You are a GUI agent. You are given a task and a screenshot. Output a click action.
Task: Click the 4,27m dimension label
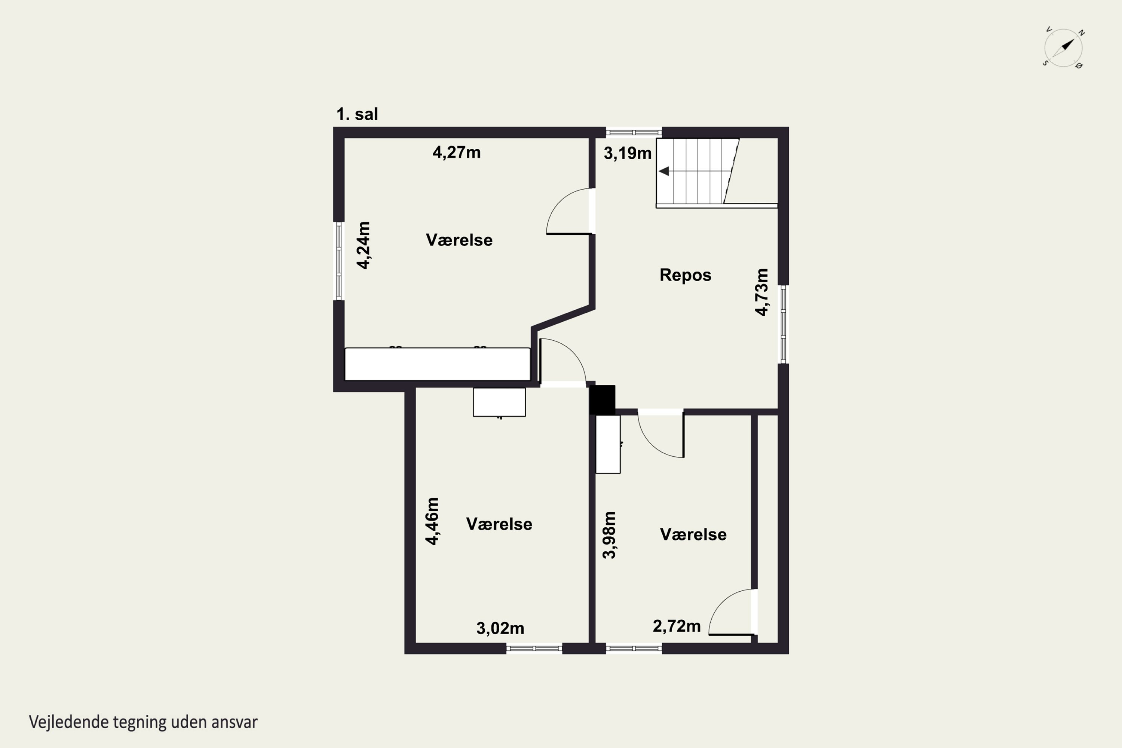pyautogui.click(x=457, y=153)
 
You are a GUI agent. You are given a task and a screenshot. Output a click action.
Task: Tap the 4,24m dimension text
pyautogui.click(x=364, y=246)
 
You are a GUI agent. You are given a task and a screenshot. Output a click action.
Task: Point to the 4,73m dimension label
pyautogui.click(x=762, y=292)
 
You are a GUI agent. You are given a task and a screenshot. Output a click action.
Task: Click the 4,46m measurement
pyautogui.click(x=432, y=521)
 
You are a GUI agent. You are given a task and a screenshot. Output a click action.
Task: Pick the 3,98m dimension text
pyautogui.click(x=609, y=535)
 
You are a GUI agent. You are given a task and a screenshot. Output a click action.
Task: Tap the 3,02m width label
pyautogui.click(x=500, y=629)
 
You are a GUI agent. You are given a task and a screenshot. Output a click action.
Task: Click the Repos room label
pyautogui.click(x=686, y=275)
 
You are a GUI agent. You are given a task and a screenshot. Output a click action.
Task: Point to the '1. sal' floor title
pyautogui.click(x=357, y=114)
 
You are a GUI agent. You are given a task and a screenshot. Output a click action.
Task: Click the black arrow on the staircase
pyautogui.click(x=663, y=171)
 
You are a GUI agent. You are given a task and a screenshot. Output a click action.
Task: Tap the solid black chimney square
pyautogui.click(x=602, y=400)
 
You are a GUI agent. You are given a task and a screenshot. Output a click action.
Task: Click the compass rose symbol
pyautogui.click(x=1063, y=48)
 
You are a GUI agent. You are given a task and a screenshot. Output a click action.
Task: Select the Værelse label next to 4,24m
pyautogui.click(x=459, y=240)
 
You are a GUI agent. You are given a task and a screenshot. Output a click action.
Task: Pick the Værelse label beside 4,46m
pyautogui.click(x=499, y=524)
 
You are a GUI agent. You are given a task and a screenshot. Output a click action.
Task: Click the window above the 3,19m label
pyautogui.click(x=634, y=132)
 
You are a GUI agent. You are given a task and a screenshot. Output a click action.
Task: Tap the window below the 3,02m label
pyautogui.click(x=534, y=648)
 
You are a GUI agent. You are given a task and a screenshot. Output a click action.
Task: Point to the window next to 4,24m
pyautogui.click(x=339, y=261)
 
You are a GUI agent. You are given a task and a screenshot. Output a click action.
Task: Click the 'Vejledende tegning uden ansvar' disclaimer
pyautogui.click(x=143, y=722)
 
